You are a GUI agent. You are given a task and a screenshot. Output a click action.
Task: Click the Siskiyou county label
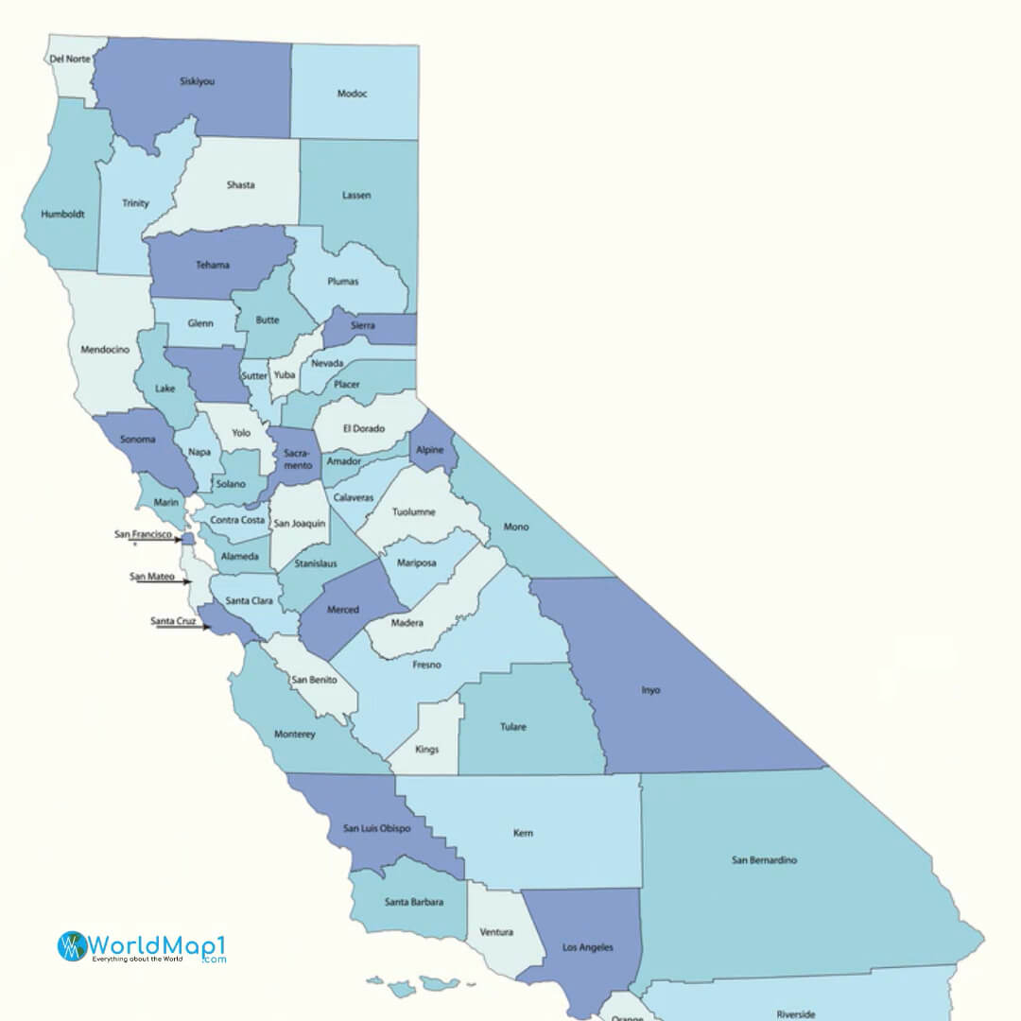[x=197, y=81]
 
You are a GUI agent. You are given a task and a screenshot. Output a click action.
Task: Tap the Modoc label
[x=352, y=94]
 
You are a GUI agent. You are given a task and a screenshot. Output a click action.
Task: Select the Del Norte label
[x=70, y=59]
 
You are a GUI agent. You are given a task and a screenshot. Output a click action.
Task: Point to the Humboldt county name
[x=62, y=215]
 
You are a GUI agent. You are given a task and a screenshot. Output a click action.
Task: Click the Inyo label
[x=650, y=690]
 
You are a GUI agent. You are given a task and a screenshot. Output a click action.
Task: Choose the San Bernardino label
[x=764, y=860]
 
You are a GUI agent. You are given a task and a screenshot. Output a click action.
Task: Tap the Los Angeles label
[x=587, y=946]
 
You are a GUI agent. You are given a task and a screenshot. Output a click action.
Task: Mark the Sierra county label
[x=362, y=326]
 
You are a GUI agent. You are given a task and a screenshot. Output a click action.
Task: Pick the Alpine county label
[x=429, y=450]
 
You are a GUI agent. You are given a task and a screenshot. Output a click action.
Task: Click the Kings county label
[x=426, y=750]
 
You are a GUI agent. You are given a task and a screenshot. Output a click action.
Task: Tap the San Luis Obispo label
[x=369, y=828]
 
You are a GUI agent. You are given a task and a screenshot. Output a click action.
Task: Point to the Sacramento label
[x=298, y=459]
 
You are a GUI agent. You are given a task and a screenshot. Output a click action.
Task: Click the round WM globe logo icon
[x=72, y=946]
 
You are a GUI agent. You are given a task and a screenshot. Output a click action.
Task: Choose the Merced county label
[x=342, y=610]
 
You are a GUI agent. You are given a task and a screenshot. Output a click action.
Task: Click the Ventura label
[x=496, y=932]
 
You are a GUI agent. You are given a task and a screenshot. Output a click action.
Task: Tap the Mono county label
[x=516, y=527]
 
